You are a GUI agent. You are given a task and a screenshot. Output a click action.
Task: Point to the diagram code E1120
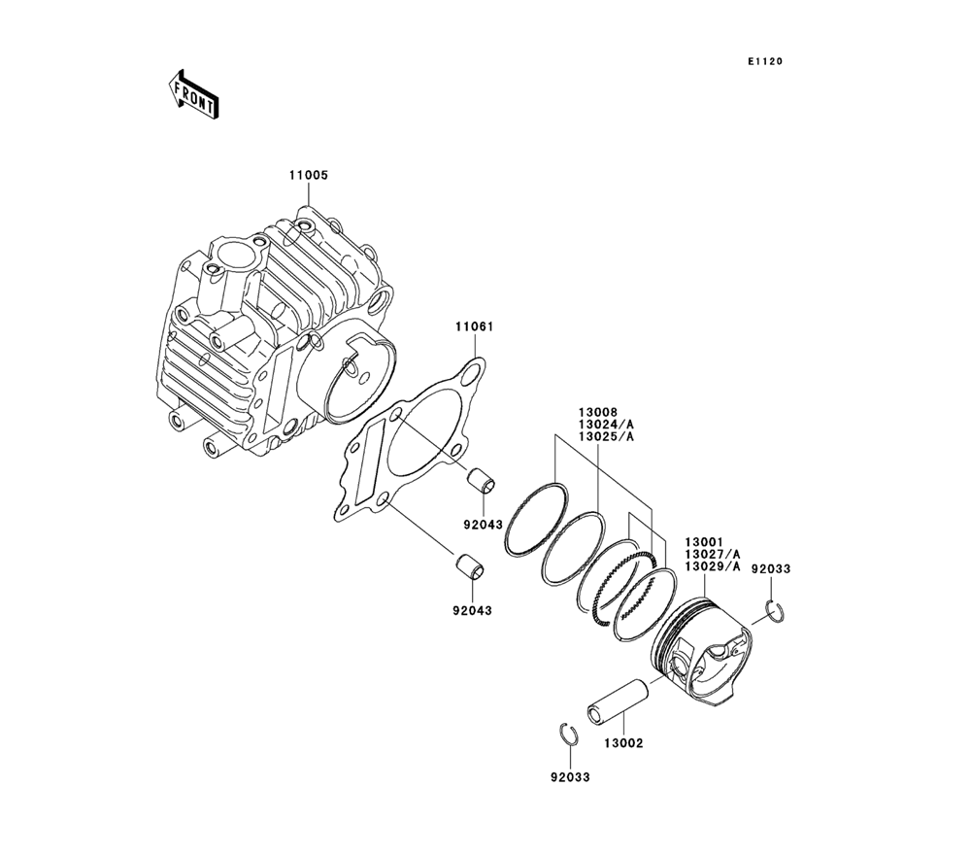(764, 61)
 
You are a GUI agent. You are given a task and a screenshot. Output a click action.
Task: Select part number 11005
(309, 175)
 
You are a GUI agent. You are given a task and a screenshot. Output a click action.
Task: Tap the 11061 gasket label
(475, 326)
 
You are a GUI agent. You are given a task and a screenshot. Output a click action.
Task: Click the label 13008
(598, 412)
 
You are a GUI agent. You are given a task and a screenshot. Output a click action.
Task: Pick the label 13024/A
(606, 424)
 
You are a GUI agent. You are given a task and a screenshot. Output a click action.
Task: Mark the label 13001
(704, 543)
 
